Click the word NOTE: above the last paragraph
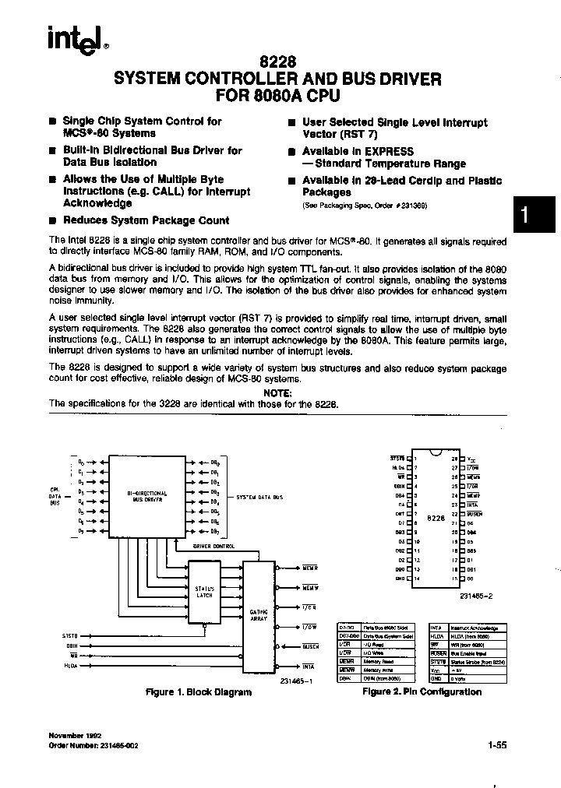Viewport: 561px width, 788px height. (x=278, y=392)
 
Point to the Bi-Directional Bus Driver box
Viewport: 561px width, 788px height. (x=145, y=496)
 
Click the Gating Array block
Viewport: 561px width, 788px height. (x=259, y=616)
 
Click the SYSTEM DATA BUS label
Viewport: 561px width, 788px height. (x=259, y=496)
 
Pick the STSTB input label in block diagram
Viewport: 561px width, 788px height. (x=70, y=635)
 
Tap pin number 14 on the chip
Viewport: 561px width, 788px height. (x=417, y=579)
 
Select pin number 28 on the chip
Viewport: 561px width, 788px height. (x=455, y=459)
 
